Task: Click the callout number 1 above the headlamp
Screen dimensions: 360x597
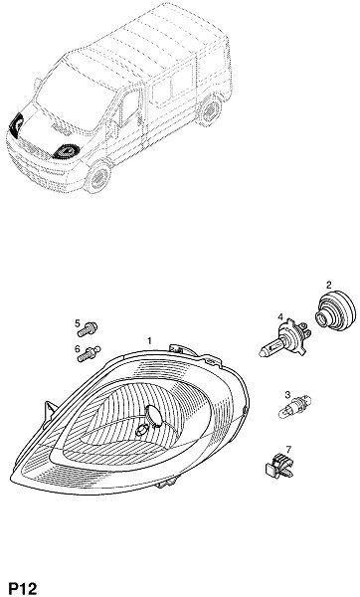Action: tap(150, 340)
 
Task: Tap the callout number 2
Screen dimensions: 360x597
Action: tap(329, 285)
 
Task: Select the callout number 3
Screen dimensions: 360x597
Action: tap(288, 394)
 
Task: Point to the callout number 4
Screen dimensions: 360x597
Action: tap(280, 316)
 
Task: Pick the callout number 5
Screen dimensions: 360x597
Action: tap(78, 323)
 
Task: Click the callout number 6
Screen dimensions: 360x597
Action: tap(78, 348)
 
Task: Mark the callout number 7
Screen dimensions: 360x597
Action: tap(288, 450)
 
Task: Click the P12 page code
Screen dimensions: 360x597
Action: tap(23, 587)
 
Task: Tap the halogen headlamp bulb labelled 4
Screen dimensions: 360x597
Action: tap(285, 338)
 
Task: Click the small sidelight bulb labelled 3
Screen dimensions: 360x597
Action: tap(295, 407)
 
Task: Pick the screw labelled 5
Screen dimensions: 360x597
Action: tap(88, 329)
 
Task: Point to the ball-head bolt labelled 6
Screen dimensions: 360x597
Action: tap(90, 354)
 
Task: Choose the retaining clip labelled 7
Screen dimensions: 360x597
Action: tap(279, 466)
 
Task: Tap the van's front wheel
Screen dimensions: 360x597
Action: tap(97, 177)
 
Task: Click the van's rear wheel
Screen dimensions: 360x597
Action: tap(211, 110)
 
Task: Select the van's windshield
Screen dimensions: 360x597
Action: tap(69, 96)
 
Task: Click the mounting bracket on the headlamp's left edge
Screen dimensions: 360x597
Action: tap(50, 410)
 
